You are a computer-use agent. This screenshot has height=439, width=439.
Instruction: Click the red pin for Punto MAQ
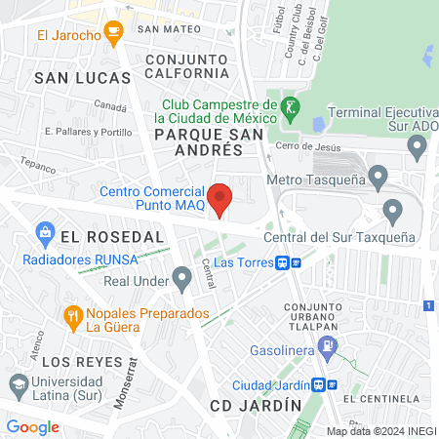coord(221,198)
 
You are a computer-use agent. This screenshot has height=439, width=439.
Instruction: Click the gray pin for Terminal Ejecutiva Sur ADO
coord(418,147)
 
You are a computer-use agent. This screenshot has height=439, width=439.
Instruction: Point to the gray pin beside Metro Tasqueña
coord(379,177)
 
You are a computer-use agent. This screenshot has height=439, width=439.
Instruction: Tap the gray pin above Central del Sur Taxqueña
coord(393,210)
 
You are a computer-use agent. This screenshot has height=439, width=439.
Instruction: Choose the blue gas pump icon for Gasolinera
coord(330,344)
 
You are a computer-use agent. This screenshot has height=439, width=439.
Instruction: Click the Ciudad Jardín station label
coord(278,383)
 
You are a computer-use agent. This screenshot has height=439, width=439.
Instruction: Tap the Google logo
coord(32,426)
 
